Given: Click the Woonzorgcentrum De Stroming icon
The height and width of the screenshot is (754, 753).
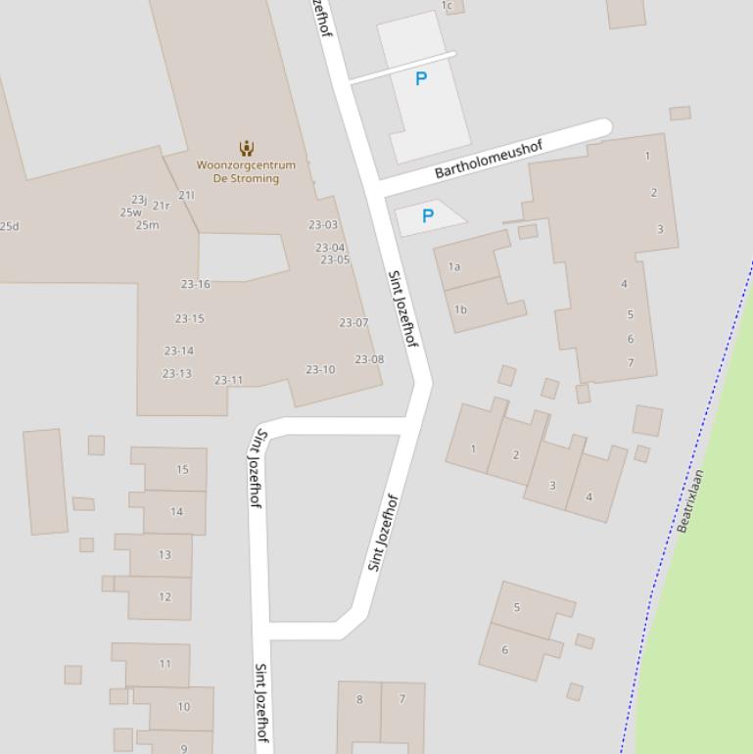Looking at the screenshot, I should click(246, 148).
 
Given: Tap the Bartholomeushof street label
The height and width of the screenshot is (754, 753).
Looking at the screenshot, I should click(488, 159).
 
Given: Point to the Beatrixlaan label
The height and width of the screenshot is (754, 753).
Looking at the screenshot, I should click(690, 500).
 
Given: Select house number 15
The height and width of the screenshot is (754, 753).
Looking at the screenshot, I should click(182, 469).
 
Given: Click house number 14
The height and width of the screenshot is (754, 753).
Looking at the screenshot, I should click(176, 511).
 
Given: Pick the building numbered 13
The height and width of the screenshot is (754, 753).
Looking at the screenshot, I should click(165, 554).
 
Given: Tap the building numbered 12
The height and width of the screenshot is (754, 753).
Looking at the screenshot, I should click(165, 596).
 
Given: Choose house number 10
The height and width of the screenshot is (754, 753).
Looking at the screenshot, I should click(183, 706).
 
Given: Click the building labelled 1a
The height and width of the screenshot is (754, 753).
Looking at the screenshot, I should click(454, 266).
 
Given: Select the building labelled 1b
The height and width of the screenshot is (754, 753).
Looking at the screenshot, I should click(460, 309).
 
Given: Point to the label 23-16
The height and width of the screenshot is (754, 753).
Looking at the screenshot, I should click(195, 284).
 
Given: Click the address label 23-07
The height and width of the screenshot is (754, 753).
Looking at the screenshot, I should click(353, 322).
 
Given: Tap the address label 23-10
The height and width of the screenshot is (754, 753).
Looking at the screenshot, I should click(320, 369).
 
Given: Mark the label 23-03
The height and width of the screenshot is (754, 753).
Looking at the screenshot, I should click(323, 224).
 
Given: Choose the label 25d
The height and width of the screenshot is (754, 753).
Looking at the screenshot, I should click(9, 226).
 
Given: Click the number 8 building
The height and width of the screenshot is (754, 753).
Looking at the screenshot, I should click(359, 699).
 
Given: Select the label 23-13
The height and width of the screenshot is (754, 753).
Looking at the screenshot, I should click(177, 373).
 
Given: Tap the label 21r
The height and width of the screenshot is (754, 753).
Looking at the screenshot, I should click(162, 206).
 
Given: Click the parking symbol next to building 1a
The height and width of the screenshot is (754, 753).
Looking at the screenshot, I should click(427, 215).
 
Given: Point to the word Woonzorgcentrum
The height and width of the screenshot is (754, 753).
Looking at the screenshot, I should click(246, 165).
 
